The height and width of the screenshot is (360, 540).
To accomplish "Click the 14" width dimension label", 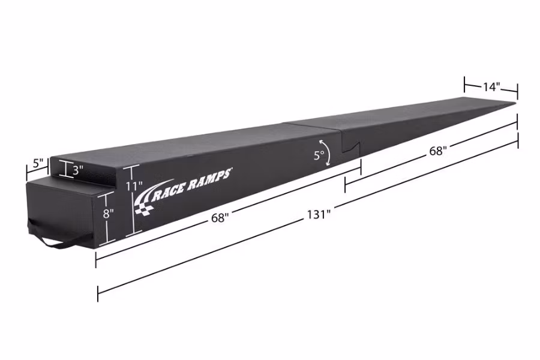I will [491, 86].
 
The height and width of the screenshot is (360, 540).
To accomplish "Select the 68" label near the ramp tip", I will [437, 151].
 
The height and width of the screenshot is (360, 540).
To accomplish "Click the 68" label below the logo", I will [220, 218].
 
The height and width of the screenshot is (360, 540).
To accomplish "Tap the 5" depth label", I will [38, 163].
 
